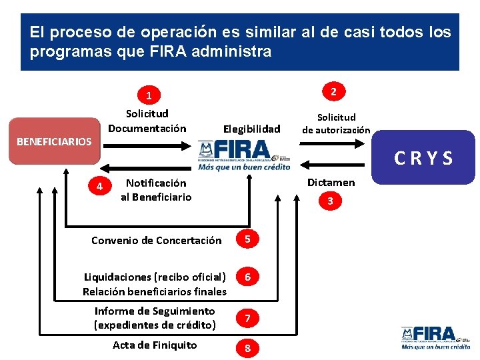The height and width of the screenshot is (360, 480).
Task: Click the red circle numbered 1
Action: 149,95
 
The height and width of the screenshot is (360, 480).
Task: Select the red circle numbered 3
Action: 330,201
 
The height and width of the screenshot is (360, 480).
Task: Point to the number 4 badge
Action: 99,187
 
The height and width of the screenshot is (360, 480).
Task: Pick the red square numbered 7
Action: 247,319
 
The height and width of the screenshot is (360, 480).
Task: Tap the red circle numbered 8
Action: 247,348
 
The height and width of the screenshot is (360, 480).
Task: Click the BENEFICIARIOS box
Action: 55,141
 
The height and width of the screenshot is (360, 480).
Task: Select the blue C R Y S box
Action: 423,158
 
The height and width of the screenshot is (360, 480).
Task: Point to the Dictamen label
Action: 331,182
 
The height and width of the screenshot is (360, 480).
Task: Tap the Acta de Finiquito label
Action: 155,345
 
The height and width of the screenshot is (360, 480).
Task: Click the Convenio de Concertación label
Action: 156,240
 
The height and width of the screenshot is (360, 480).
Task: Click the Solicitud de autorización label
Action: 335,123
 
